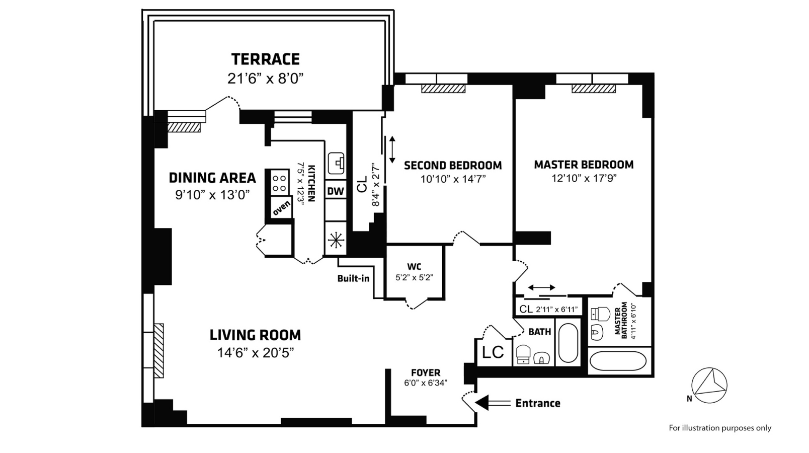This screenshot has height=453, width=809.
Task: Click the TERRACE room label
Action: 265,59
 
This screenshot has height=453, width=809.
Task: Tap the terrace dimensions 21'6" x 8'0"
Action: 265,79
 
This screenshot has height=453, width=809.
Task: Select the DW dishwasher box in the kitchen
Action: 336,191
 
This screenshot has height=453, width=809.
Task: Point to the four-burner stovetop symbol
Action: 280,182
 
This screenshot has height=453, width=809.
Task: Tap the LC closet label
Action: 493,352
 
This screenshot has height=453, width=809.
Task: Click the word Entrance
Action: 537,403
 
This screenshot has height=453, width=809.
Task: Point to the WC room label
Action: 415,267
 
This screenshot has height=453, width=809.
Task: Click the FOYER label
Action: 425,372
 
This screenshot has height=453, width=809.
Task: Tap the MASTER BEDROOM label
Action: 584,165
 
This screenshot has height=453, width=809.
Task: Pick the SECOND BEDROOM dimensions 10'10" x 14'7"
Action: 453,179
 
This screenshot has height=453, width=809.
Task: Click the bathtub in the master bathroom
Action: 619,361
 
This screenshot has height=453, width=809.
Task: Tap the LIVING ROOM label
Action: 255,335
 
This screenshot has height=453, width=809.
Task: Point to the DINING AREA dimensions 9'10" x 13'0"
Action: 212,195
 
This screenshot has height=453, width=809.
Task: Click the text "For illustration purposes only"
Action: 719,428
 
